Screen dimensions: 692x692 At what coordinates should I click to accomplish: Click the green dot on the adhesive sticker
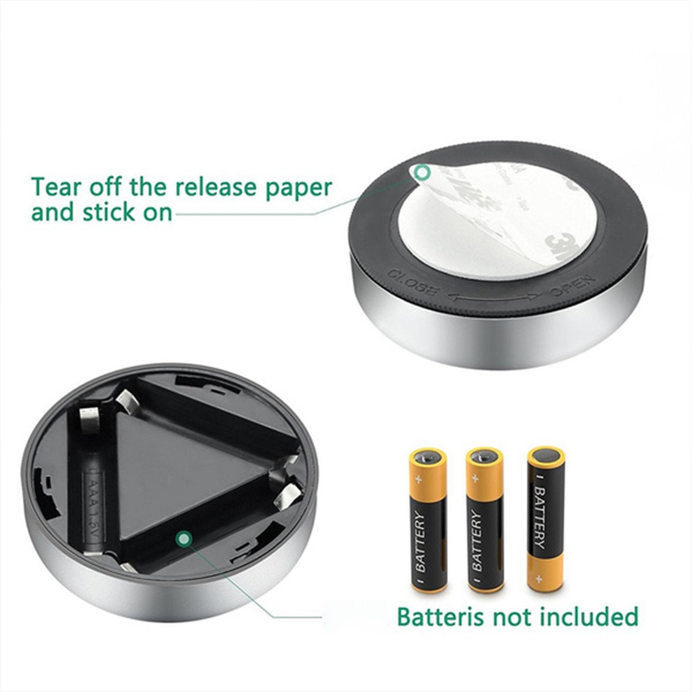422,173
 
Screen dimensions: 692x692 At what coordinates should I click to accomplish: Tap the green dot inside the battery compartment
185,538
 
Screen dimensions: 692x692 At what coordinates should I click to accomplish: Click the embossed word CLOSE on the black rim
412,283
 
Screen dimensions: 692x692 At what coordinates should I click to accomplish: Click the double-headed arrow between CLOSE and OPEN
493,298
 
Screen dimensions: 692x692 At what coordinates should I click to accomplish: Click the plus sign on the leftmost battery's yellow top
419,479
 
